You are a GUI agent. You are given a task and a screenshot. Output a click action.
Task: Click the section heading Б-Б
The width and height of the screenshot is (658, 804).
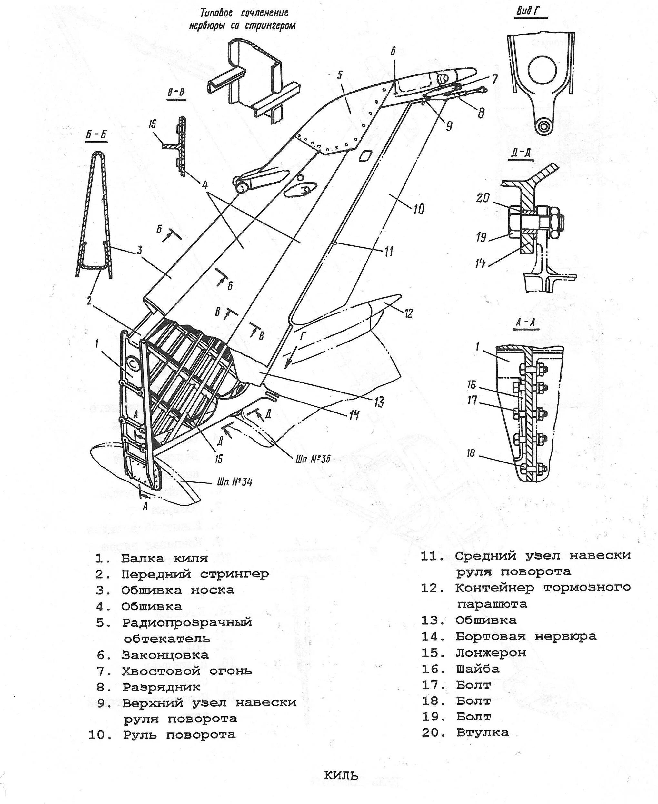pyautogui.click(x=96, y=136)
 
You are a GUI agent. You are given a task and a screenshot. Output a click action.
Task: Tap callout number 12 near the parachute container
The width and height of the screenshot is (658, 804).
pyautogui.click(x=408, y=313)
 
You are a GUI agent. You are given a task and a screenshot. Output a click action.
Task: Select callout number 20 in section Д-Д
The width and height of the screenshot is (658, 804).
pyautogui.click(x=483, y=198)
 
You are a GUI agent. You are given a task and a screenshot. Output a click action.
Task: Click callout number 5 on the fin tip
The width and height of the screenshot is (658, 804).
pyautogui.click(x=340, y=74)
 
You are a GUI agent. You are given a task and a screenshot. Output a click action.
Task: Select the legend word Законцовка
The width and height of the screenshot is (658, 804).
pyautogui.click(x=165, y=655)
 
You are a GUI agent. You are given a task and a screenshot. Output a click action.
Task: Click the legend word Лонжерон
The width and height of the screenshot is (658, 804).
pyautogui.click(x=491, y=653)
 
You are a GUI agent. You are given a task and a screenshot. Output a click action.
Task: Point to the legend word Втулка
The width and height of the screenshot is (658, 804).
pyautogui.click(x=482, y=732)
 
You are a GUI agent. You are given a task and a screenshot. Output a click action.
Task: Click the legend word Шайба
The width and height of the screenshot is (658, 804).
pyautogui.click(x=478, y=669)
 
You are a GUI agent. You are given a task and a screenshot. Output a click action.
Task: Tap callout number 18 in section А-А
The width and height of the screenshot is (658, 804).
pyautogui.click(x=471, y=453)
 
